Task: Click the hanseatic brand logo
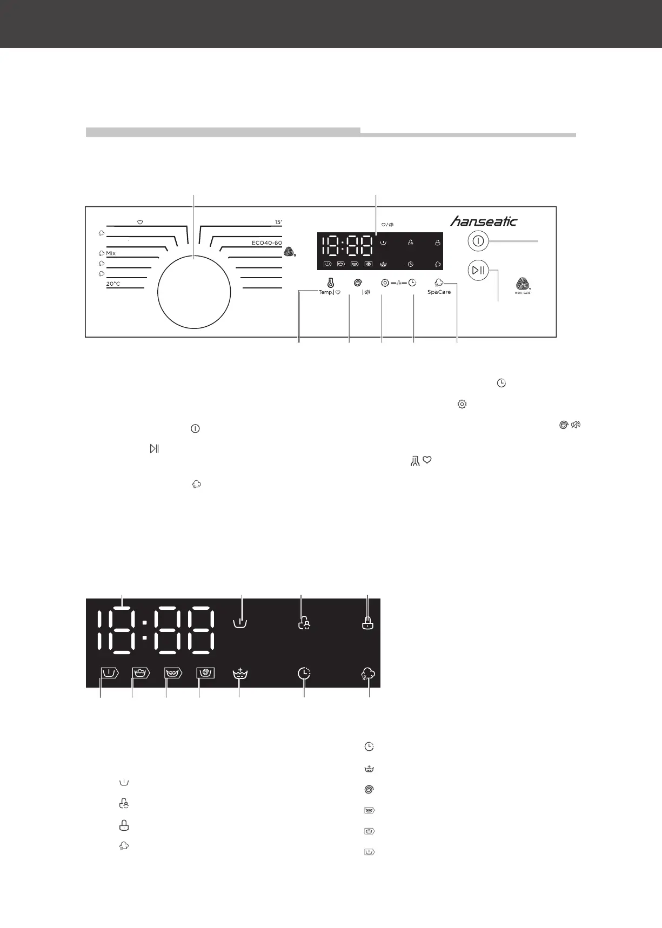pos(484,221)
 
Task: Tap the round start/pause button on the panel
pos(478,270)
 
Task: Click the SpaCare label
pos(439,292)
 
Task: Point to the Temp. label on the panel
pos(325,292)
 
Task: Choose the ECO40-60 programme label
pos(266,243)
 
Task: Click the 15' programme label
pos(278,222)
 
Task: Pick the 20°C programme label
pos(113,284)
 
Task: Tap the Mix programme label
pos(111,253)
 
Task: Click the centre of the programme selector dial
pos(194,292)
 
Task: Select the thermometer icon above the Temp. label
pos(330,283)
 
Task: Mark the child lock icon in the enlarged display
pos(304,623)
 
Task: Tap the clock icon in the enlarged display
pos(304,674)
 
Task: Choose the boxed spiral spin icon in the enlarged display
pos(205,673)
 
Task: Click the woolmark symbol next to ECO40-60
pos(289,251)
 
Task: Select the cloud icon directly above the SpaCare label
pos(439,282)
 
